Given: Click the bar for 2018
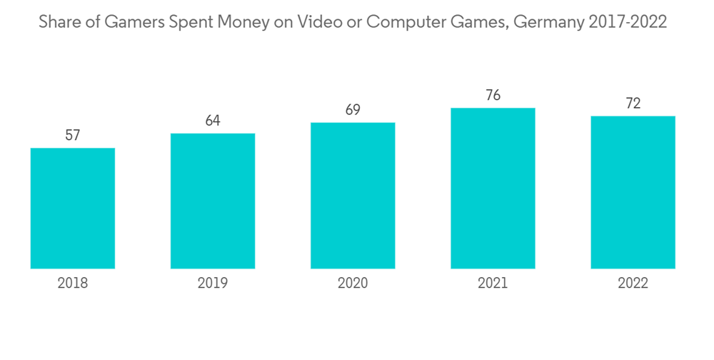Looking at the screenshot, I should pyautogui.click(x=73, y=208).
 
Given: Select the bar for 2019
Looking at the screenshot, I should pyautogui.click(x=213, y=201).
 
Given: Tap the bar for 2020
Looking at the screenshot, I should pyautogui.click(x=353, y=195).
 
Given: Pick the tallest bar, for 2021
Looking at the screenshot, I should pyautogui.click(x=493, y=188).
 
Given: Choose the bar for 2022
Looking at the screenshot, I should pyautogui.click(x=633, y=192).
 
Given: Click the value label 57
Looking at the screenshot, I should pyautogui.click(x=73, y=135).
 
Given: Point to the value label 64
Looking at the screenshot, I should pyautogui.click(x=213, y=121).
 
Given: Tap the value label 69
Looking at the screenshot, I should pyautogui.click(x=353, y=110).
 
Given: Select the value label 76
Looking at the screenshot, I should pyautogui.click(x=493, y=95).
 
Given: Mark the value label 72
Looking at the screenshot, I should pyautogui.click(x=633, y=104).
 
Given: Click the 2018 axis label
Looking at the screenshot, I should pyautogui.click(x=73, y=284).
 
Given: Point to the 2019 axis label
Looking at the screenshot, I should pyautogui.click(x=213, y=284).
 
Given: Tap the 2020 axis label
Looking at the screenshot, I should pyautogui.click(x=353, y=284).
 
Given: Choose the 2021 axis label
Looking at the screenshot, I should pyautogui.click(x=493, y=284).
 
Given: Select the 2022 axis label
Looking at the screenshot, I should pyautogui.click(x=633, y=284).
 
